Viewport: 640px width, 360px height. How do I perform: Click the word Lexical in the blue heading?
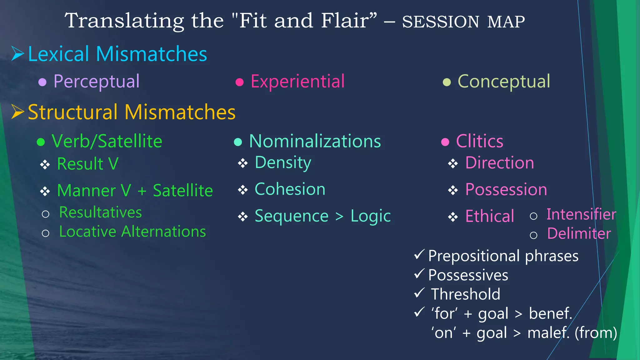(59, 54)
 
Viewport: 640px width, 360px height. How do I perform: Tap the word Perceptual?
(96, 82)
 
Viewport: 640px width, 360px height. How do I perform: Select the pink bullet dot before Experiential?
(239, 82)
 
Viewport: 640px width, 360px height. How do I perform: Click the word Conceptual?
(504, 82)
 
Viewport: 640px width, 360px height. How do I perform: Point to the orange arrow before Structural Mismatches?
(17, 112)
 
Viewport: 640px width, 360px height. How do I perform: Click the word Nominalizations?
(315, 141)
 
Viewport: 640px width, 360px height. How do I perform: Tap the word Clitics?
(480, 141)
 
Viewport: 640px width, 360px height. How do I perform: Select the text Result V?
(88, 164)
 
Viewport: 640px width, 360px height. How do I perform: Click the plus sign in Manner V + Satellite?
(142, 191)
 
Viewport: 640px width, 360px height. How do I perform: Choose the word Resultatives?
(100, 212)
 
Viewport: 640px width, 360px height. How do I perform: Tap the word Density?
(283, 163)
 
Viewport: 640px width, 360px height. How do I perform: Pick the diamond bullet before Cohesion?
(243, 190)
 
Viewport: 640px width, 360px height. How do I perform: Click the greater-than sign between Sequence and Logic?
(339, 216)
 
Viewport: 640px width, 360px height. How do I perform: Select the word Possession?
(506, 190)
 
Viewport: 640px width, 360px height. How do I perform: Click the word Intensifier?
(581, 215)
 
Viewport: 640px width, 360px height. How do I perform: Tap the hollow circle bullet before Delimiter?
(533, 235)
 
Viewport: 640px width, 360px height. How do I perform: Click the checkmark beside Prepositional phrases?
(419, 254)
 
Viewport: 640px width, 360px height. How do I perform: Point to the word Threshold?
(465, 294)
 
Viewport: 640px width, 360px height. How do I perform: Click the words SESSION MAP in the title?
(463, 22)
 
